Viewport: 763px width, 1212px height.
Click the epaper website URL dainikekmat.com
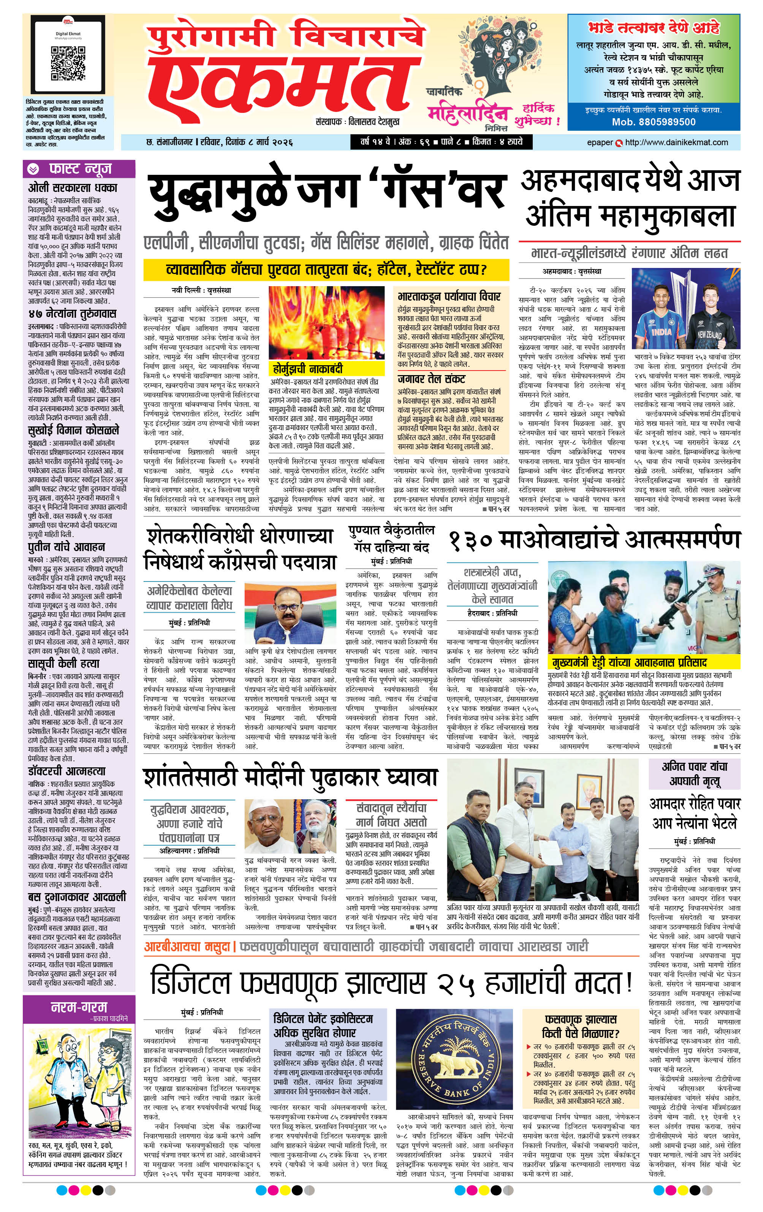(676, 143)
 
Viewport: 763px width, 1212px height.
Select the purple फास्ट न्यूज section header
(79, 168)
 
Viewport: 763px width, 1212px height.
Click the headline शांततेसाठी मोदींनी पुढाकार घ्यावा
(290, 777)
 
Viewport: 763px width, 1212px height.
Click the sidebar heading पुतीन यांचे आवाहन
(66, 547)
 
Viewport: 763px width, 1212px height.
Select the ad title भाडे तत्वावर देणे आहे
(653, 27)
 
